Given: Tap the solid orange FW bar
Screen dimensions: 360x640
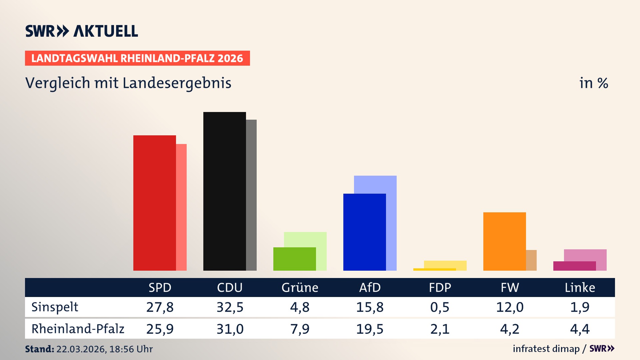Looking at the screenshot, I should [504, 241].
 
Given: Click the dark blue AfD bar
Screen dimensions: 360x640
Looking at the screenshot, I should [364, 232].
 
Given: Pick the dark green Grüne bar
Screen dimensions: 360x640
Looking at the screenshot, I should [294, 259].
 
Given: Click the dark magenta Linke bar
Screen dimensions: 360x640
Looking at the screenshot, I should [574, 266].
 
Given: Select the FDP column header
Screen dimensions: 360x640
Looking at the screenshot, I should [440, 288].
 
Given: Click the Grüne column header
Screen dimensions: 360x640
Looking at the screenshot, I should [300, 288].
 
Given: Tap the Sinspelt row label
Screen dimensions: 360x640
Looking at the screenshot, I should [55, 307].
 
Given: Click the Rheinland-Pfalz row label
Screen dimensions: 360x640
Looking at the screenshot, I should [78, 329].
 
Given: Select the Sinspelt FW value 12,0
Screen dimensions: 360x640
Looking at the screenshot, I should [510, 307].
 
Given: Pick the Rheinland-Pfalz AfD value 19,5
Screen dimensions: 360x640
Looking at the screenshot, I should [370, 329].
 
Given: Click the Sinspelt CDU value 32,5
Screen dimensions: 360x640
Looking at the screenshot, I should [230, 307].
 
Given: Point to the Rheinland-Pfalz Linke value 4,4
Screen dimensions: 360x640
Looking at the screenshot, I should [580, 329].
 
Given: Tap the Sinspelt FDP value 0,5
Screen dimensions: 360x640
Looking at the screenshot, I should [440, 307].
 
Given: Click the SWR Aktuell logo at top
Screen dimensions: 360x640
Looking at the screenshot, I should [82, 31].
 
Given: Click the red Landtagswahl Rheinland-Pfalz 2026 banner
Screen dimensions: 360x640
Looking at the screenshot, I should [137, 58].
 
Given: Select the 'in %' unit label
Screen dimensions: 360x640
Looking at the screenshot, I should [593, 83].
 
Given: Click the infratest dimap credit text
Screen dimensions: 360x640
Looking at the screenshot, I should [546, 349].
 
